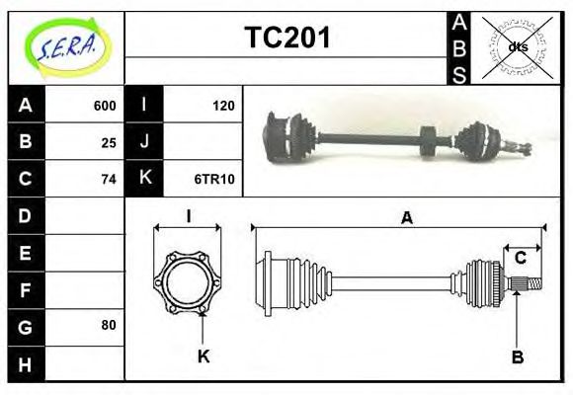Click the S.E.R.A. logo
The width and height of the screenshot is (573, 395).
pos(64,47)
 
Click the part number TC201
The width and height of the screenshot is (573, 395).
pos(286,38)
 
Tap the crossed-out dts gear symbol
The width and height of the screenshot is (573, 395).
pos(516,47)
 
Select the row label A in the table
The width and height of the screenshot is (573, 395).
pos(26,106)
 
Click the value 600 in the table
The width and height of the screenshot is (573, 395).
pos(104,106)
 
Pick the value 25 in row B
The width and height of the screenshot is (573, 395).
pos(109,142)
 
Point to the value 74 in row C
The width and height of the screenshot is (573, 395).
pos(109,179)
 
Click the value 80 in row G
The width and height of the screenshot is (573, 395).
pos(109,325)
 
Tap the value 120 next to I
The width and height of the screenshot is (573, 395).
pos(224,106)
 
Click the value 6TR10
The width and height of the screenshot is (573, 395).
pos(214,179)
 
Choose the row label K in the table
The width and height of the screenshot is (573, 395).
pos(145,179)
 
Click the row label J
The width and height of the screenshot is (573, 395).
pos(145,142)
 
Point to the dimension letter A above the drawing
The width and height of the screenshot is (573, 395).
pos(406,219)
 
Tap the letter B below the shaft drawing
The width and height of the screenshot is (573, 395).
pos(517,356)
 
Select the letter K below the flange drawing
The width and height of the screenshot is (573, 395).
pos(204,356)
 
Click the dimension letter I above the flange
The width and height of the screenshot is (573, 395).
pos(188,216)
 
